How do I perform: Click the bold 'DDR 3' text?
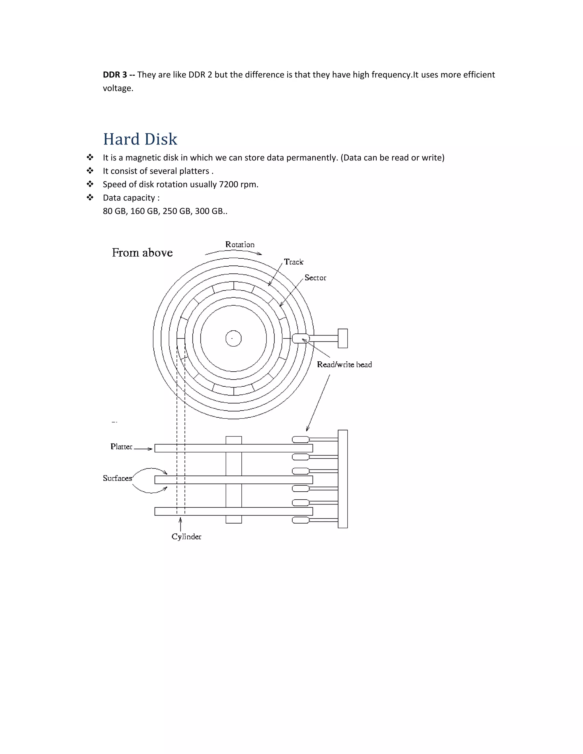pyautogui.click(x=115, y=75)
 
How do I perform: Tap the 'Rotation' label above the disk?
pyautogui.click(x=240, y=244)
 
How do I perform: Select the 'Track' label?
pyautogui.click(x=293, y=262)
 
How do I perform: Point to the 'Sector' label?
pyautogui.click(x=315, y=278)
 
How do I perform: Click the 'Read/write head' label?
pyautogui.click(x=344, y=364)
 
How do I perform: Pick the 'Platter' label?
pyautogui.click(x=121, y=447)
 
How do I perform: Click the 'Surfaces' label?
pyautogui.click(x=118, y=479)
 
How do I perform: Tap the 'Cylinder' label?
pyautogui.click(x=186, y=537)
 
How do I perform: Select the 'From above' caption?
pyautogui.click(x=142, y=253)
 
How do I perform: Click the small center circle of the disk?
pyautogui.click(x=233, y=339)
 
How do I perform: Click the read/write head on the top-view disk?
pyautogui.click(x=301, y=338)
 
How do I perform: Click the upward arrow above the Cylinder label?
pyautogui.click(x=180, y=524)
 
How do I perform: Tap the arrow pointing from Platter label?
pyautogui.click(x=143, y=449)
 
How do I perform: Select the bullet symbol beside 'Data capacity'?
pyautogui.click(x=90, y=197)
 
